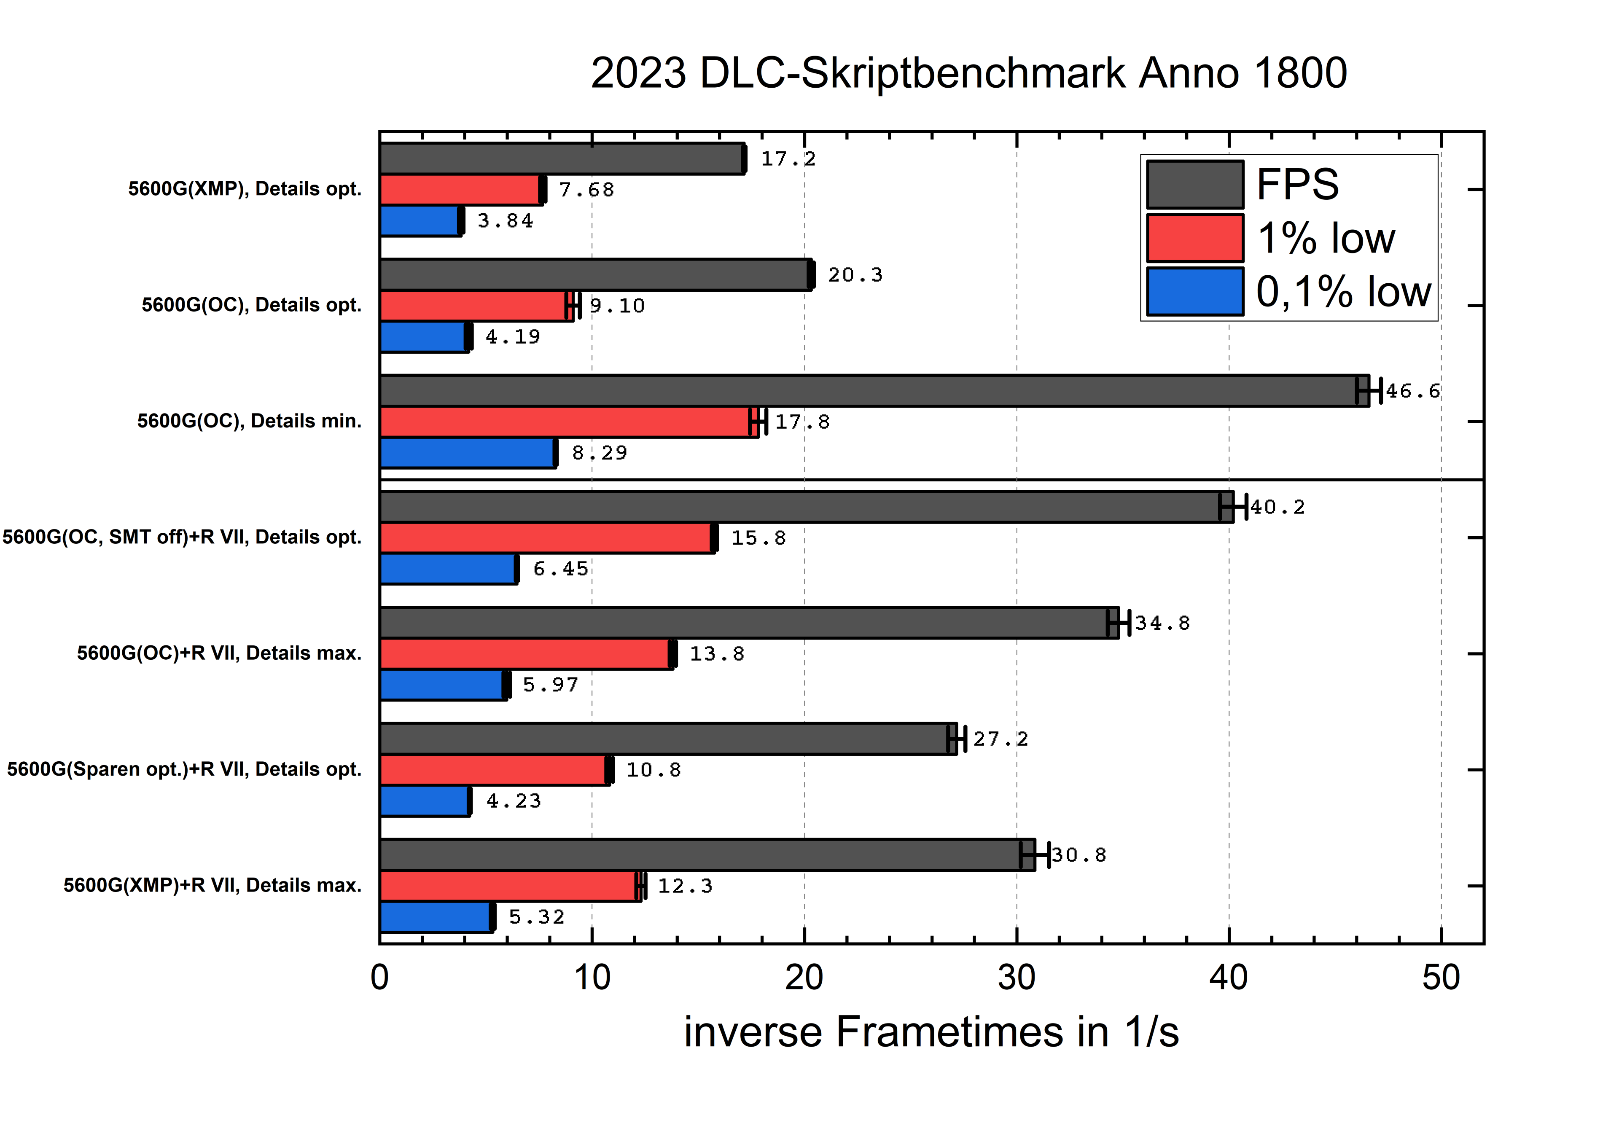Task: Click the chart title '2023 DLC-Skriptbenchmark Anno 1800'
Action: (968, 73)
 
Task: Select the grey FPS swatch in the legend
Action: (1194, 185)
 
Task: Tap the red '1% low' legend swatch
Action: (1194, 238)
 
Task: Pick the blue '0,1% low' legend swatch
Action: (1194, 291)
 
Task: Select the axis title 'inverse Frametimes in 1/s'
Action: (931, 1032)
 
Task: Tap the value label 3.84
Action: (505, 221)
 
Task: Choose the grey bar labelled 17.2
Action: (562, 159)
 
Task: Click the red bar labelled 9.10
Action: (476, 306)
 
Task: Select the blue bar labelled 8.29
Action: (468, 453)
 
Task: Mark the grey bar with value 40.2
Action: (806, 507)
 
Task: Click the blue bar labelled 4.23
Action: (425, 801)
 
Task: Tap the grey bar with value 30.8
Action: (707, 854)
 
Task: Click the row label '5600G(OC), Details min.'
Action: (249, 421)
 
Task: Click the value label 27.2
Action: (1000, 739)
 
